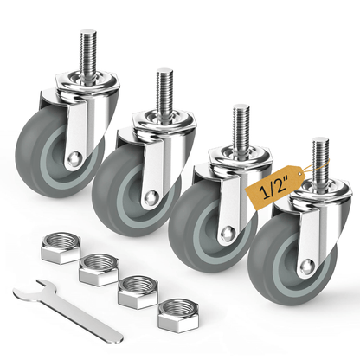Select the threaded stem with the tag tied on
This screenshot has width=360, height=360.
pyautogui.click(x=321, y=161)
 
